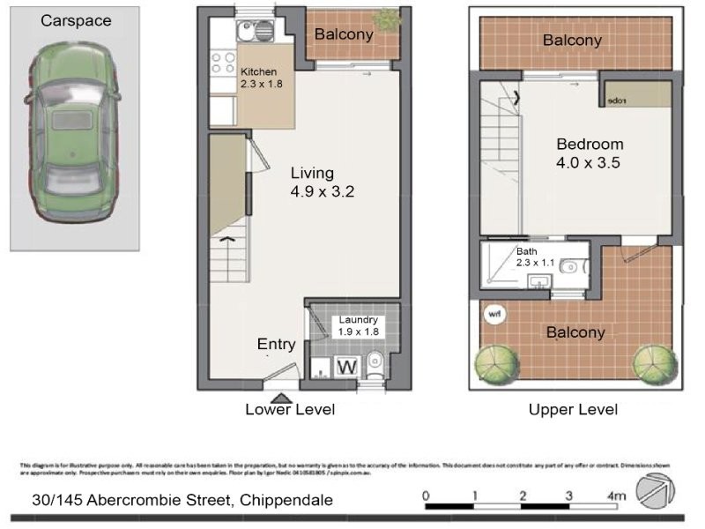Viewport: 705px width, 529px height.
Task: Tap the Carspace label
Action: (x=76, y=20)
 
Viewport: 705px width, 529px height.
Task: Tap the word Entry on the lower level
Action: (x=276, y=344)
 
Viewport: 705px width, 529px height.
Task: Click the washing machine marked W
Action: (x=347, y=366)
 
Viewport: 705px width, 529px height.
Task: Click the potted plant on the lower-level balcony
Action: (x=386, y=19)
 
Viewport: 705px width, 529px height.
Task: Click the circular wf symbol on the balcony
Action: (x=493, y=311)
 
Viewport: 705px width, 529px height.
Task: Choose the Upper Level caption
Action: (x=573, y=409)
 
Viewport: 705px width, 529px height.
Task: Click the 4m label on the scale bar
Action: (x=616, y=496)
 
